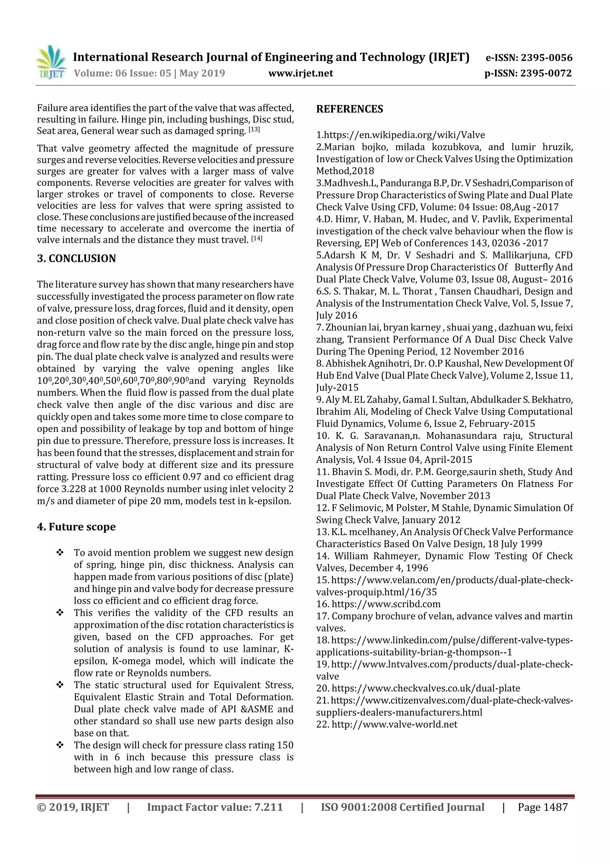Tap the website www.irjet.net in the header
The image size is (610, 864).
(x=300, y=73)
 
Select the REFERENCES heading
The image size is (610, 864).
(x=350, y=109)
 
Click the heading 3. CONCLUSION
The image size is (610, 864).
(x=76, y=259)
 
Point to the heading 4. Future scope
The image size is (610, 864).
(x=76, y=526)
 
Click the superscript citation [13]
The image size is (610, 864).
(x=254, y=130)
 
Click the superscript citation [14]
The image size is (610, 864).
(x=256, y=239)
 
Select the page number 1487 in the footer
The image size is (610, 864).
(x=555, y=807)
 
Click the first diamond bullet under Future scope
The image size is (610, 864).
(x=59, y=553)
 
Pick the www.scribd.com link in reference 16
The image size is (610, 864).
(x=386, y=604)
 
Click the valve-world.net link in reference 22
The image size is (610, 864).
(x=394, y=724)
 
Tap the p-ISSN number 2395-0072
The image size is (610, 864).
(x=547, y=73)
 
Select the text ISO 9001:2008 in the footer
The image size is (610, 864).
(x=359, y=807)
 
